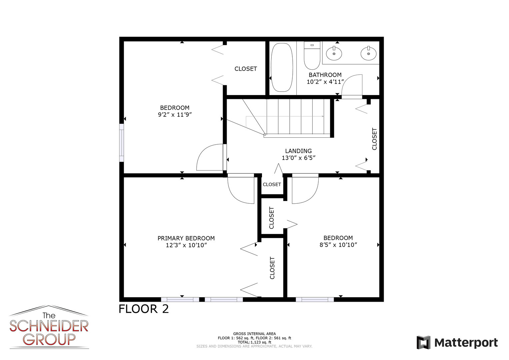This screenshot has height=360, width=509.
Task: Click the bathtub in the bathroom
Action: tap(282, 67)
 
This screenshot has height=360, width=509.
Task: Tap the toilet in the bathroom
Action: tap(312, 55)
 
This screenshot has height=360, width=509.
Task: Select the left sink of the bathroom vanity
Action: tap(334, 53)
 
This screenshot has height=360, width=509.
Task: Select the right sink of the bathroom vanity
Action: tap(368, 53)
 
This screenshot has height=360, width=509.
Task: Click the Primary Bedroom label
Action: tap(186, 238)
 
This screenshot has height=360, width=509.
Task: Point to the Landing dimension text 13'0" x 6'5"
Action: tap(299, 158)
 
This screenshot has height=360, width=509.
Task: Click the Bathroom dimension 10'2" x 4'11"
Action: tap(325, 82)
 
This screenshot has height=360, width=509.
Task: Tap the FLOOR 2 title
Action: tap(144, 309)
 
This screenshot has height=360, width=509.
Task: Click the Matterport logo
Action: tap(457, 343)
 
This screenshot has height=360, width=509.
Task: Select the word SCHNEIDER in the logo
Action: tap(49, 327)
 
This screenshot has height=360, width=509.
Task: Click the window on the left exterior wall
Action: tap(122, 143)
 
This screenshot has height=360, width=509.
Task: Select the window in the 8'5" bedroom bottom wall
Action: tap(315, 300)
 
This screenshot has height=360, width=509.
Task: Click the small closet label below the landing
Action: tap(272, 184)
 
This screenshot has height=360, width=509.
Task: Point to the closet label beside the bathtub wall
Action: tap(246, 69)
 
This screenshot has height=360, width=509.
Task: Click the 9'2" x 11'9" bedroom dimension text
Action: tap(175, 115)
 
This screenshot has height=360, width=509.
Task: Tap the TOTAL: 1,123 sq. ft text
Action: tap(255, 342)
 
